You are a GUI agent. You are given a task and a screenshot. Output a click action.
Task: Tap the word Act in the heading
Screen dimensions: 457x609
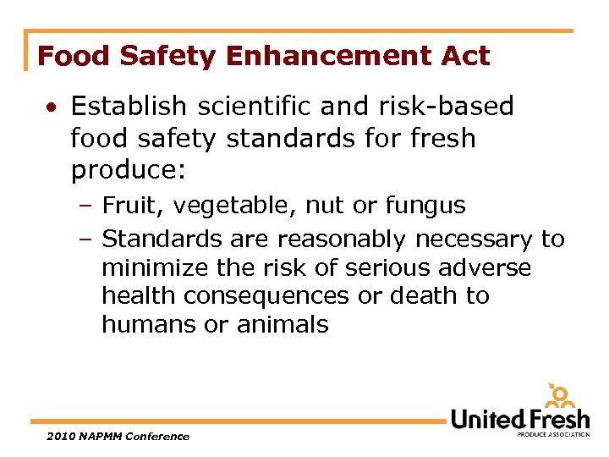click(465, 57)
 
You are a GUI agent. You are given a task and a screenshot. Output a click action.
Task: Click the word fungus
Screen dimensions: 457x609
click(425, 206)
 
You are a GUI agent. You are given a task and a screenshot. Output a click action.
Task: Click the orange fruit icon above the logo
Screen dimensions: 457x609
click(561, 397)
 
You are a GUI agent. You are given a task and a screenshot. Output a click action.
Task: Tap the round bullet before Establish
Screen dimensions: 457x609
click(52, 107)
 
